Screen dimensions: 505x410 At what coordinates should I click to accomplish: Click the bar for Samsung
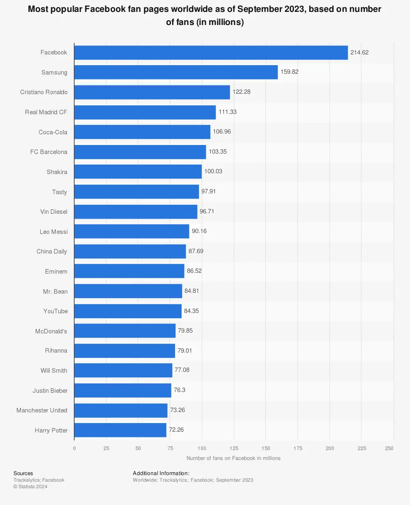tap(176, 72)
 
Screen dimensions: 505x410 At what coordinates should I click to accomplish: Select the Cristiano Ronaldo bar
tap(152, 92)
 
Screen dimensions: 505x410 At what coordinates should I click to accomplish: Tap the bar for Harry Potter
tap(120, 430)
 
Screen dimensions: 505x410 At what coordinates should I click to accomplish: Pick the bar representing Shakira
tap(138, 172)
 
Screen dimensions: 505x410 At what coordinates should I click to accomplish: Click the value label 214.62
tap(360, 52)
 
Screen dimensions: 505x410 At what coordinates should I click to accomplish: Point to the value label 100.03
tap(213, 171)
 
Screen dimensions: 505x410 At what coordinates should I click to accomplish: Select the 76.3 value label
tap(180, 390)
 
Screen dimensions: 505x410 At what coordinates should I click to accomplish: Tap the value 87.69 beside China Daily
tap(196, 251)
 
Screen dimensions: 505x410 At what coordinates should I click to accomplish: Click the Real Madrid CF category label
tap(46, 112)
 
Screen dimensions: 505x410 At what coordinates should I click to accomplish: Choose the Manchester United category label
tap(42, 410)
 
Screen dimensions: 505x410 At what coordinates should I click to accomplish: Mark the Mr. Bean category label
tap(55, 292)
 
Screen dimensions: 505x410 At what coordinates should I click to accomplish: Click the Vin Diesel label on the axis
tap(54, 212)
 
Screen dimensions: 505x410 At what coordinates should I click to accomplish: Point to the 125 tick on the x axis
tap(234, 448)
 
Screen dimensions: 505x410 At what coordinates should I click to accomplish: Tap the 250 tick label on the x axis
tap(389, 448)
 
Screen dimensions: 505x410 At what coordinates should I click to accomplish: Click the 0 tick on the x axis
tap(74, 448)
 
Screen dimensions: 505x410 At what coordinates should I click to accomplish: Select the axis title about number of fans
tap(233, 458)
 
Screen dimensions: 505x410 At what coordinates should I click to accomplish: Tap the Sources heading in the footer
tap(23, 473)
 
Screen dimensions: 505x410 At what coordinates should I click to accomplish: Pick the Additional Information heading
tap(161, 473)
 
